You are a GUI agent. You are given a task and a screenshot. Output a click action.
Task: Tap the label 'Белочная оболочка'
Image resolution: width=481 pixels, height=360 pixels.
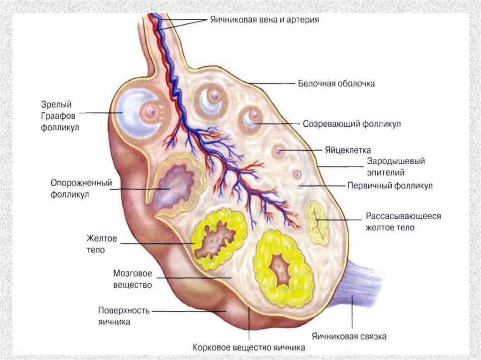pyautogui.click(x=336, y=84)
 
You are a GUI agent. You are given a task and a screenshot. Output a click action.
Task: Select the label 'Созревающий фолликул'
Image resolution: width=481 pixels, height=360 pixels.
pyautogui.click(x=351, y=124)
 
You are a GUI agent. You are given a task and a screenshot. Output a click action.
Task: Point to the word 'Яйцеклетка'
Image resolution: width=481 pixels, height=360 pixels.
pyautogui.click(x=348, y=150)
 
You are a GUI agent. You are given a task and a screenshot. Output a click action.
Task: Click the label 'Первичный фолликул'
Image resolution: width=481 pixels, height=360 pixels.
pyautogui.click(x=390, y=185)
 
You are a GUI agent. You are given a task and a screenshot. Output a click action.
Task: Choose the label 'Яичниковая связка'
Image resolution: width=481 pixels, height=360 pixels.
pyautogui.click(x=349, y=337)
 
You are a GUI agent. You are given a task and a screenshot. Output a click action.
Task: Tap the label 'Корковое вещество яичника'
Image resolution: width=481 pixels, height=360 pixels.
pyautogui.click(x=249, y=348)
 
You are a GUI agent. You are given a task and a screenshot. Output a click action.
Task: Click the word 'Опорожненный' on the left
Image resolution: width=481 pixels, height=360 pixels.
pyautogui.click(x=80, y=183)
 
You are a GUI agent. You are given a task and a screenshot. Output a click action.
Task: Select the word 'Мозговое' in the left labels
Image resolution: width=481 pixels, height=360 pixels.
pyautogui.click(x=133, y=273)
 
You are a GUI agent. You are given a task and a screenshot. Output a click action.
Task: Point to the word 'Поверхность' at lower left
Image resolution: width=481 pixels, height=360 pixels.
pyautogui.click(x=124, y=311)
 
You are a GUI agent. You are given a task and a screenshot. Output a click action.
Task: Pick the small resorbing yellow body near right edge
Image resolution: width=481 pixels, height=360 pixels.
pyautogui.click(x=316, y=223)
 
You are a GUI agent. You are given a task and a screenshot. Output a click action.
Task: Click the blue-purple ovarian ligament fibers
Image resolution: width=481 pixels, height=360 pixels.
pyautogui.click(x=359, y=286)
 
